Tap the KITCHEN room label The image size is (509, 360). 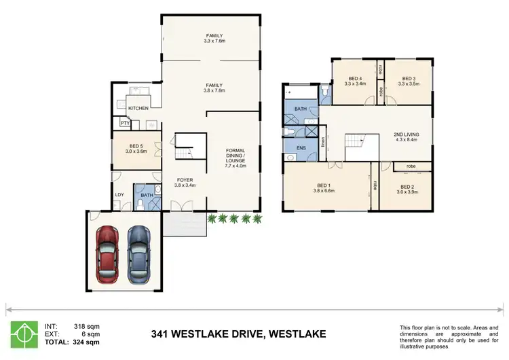coord(138,108)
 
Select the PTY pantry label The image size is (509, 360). coord(125,123)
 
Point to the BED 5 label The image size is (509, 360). coord(136,146)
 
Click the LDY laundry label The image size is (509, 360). coord(119,196)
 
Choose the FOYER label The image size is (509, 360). coord(185,180)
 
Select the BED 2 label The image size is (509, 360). coord(407,187)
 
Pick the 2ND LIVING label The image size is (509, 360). coord(406,134)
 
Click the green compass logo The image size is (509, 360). coord(24,334)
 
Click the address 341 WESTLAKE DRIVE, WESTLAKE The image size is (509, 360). coord(238,334)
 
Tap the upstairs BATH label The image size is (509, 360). coord(301,108)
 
